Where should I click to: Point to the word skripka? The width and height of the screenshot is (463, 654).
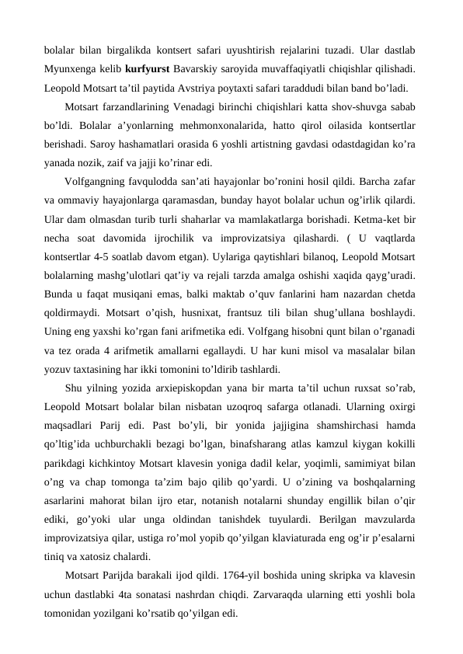[336, 576]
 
